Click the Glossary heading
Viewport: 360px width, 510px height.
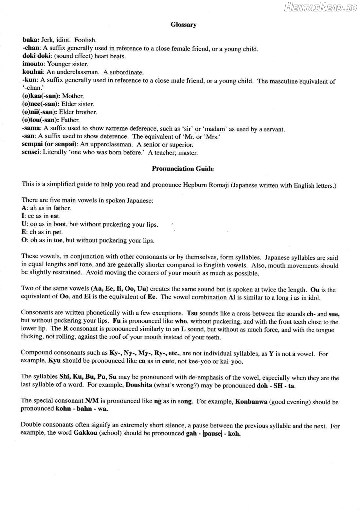pyautogui.click(x=183, y=25)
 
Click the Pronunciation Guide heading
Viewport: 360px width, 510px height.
pyautogui.click(x=183, y=169)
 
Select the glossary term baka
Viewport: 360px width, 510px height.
pyautogui.click(x=30, y=40)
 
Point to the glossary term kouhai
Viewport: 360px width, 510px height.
pyautogui.click(x=33, y=72)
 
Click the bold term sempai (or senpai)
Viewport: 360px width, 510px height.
pyautogui.click(x=49, y=144)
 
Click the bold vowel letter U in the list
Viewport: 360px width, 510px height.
pyautogui.click(x=24, y=224)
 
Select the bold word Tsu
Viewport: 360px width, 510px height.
pyautogui.click(x=192, y=313)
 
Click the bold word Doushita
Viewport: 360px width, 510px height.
pyautogui.click(x=139, y=385)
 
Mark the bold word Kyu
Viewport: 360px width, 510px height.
pyautogui.click(x=54, y=361)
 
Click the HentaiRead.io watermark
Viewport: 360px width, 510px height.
pyautogui.click(x=320, y=7)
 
